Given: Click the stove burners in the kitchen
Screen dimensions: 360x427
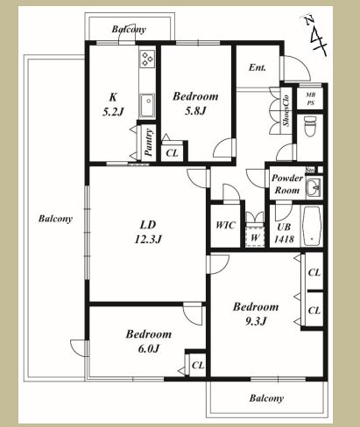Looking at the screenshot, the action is (147, 59).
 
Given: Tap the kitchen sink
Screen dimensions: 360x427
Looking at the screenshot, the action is (147, 105).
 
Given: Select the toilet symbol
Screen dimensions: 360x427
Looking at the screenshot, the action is (310, 126).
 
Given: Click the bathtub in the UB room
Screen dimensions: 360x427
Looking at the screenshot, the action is (312, 226).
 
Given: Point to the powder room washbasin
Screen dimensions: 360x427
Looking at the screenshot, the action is (314, 186).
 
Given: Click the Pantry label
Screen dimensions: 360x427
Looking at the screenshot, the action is (149, 143).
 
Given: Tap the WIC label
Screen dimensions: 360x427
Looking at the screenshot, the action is (225, 225).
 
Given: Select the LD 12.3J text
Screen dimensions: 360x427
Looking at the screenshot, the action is (148, 232).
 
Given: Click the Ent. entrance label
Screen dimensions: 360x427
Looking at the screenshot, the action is (258, 67).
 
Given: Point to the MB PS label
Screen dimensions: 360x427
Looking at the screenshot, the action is (310, 99).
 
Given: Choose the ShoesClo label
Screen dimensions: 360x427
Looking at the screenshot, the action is (286, 110).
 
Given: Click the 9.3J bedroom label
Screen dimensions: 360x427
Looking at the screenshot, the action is (256, 321).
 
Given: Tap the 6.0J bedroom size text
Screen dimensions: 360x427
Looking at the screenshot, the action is (149, 348).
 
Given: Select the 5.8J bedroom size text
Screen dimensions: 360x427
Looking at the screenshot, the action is (195, 110).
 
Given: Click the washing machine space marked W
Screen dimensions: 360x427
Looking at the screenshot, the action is (255, 235).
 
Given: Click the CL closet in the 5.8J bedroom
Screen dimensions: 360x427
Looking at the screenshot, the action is (172, 152).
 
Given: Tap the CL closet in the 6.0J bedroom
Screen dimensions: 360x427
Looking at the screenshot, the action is (198, 365).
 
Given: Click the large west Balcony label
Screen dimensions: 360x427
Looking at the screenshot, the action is (55, 219).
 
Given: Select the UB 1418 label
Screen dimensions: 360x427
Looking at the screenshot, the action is (284, 233).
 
